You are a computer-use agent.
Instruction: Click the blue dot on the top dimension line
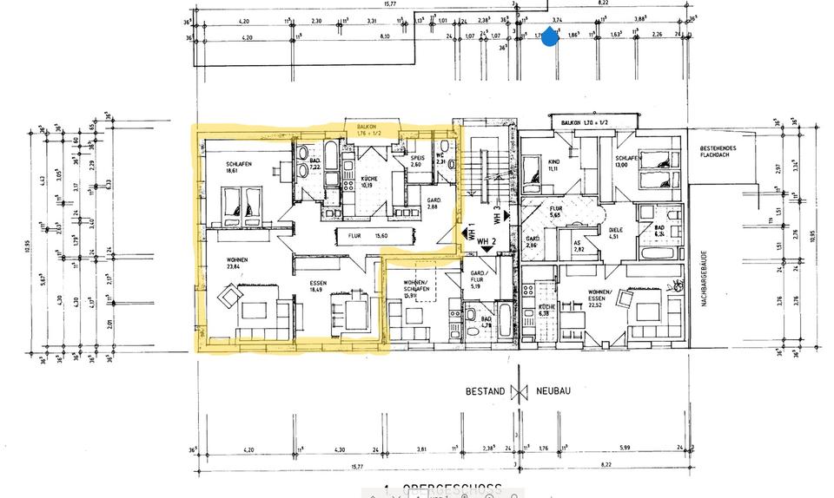[x=549, y=38]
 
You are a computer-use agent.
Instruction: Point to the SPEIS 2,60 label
[x=417, y=161]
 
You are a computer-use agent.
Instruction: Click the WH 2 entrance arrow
[x=486, y=248]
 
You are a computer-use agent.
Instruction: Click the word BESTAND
[x=483, y=391]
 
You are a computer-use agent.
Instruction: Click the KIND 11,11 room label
[x=553, y=164]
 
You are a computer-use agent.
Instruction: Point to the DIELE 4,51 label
[x=613, y=232]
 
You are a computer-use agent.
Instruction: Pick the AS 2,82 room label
[x=579, y=248]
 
